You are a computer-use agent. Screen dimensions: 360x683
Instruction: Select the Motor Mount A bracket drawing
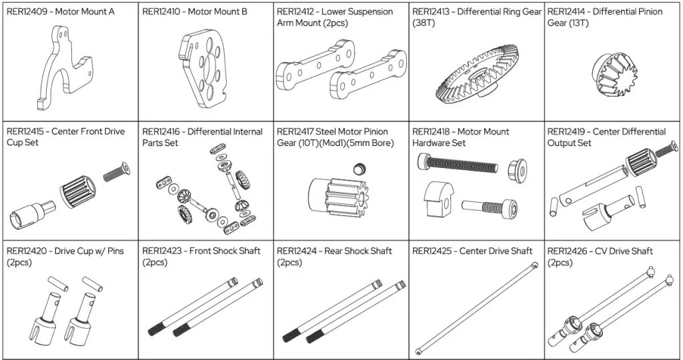click(x=63, y=74)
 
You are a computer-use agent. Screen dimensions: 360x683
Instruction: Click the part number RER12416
click(x=162, y=131)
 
